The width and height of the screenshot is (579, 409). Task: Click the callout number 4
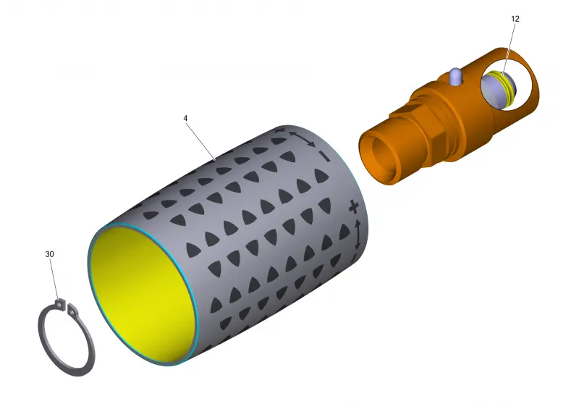click(x=185, y=118)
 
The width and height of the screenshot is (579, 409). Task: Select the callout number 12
click(x=515, y=19)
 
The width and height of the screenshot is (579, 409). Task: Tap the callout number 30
click(x=49, y=254)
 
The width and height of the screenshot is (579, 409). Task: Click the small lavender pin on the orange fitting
click(x=455, y=77)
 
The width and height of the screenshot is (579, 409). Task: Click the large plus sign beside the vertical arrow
click(x=354, y=207)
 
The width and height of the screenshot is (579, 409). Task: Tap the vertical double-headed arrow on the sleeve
click(x=358, y=235)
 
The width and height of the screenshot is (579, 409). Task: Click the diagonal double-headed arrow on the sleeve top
click(x=302, y=139)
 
